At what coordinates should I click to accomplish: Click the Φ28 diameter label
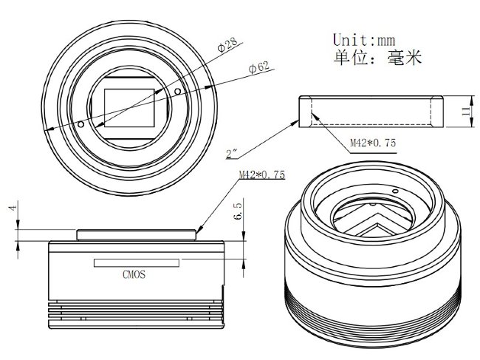click(227, 45)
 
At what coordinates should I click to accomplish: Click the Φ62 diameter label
click(259, 68)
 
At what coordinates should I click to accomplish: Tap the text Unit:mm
click(364, 40)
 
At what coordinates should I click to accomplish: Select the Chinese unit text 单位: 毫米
click(377, 58)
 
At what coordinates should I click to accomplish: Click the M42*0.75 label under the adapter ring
click(373, 143)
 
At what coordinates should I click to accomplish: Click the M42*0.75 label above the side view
click(261, 174)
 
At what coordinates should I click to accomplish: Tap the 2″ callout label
click(232, 154)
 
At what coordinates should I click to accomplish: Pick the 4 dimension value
click(13, 208)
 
